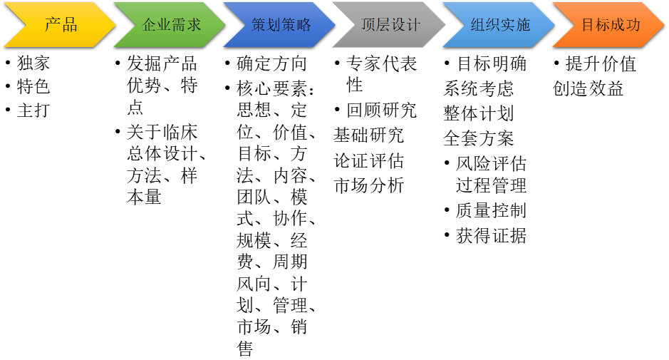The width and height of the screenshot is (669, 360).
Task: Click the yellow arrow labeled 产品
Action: [x=60, y=25]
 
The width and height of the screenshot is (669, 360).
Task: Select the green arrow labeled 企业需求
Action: [x=170, y=25]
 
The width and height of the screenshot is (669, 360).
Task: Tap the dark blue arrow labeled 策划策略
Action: [x=279, y=25]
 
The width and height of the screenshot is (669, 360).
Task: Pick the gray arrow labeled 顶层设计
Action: [x=389, y=25]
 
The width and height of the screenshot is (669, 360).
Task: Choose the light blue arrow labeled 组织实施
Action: [x=499, y=25]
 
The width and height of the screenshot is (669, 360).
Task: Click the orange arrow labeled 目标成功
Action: [x=609, y=25]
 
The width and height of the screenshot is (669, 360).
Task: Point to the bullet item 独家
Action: [x=33, y=63]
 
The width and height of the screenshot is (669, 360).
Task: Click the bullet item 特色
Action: [x=33, y=87]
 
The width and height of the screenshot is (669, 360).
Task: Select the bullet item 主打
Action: [x=33, y=110]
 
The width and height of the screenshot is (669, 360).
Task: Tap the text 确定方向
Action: [x=271, y=63]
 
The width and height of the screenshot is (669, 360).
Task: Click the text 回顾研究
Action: [x=381, y=110]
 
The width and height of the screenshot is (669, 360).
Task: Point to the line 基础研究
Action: [x=368, y=135]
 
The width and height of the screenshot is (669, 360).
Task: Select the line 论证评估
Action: [x=368, y=160]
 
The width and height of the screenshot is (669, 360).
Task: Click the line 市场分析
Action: [x=368, y=185]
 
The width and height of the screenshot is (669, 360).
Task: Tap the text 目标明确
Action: [x=492, y=63]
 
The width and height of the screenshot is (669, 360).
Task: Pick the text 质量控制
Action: [x=491, y=210]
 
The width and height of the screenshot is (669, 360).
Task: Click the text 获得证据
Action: [x=491, y=236]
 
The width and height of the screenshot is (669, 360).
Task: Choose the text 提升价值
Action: [x=601, y=63]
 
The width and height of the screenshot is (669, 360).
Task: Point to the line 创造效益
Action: [x=588, y=88]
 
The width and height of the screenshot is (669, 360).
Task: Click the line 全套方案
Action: [x=478, y=138]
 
